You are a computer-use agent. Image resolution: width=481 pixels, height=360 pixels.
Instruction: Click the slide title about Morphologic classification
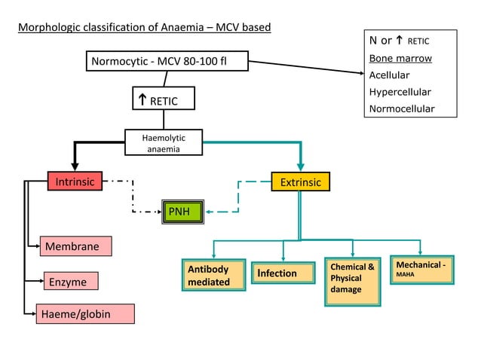(144, 28)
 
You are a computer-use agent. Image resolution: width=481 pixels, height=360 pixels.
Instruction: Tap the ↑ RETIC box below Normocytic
(163, 99)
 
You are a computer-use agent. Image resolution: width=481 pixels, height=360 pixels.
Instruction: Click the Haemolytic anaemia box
(163, 143)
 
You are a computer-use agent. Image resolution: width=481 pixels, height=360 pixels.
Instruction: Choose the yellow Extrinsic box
(300, 182)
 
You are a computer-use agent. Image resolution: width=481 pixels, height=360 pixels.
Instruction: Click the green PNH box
(183, 212)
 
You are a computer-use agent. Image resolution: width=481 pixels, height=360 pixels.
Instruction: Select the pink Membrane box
(75, 246)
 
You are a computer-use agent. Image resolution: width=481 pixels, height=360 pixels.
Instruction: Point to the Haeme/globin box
(84, 314)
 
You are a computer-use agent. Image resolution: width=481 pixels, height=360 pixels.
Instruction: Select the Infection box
(283, 273)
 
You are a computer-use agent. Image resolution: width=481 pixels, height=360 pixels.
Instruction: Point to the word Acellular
(389, 75)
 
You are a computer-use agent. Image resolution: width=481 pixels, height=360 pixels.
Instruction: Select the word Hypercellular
(400, 91)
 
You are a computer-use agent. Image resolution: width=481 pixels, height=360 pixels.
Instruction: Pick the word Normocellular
(402, 108)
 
